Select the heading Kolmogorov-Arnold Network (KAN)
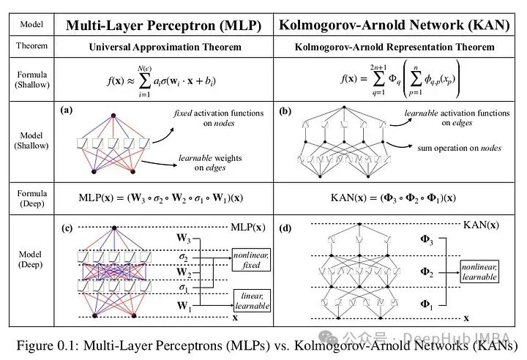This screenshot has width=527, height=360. [x=395, y=24]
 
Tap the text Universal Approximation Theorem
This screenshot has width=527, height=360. [x=165, y=48]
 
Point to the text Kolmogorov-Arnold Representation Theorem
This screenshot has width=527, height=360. [x=394, y=48]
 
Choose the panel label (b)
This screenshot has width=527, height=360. [x=285, y=111]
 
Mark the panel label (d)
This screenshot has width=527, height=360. [x=285, y=228]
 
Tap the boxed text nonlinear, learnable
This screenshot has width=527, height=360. [x=479, y=272]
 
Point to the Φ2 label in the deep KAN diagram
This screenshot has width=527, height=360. [x=425, y=271]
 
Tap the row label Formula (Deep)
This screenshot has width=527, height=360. [x=31, y=198]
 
